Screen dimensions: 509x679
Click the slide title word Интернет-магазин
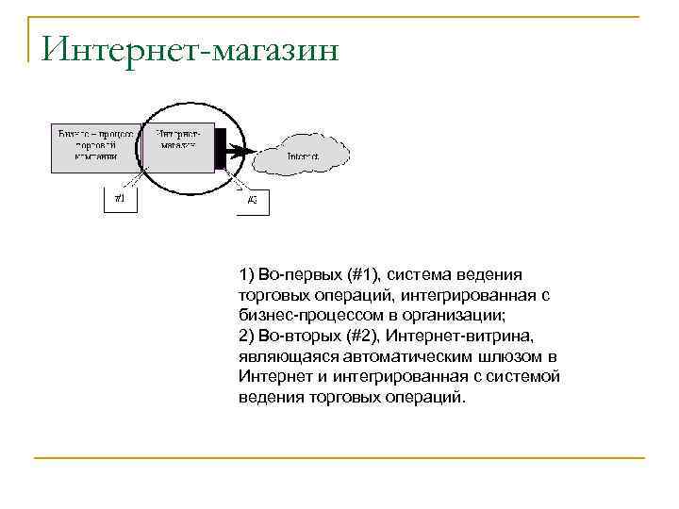tap(190, 46)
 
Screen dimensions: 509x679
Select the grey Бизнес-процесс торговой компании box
tap(94, 146)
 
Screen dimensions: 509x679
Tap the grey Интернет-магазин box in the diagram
tap(181, 146)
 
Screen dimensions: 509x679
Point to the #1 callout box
tap(120, 199)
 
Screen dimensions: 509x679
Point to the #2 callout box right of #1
tap(252, 200)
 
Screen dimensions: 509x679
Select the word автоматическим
tap(403, 356)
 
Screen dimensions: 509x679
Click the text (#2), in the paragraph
tap(362, 336)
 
